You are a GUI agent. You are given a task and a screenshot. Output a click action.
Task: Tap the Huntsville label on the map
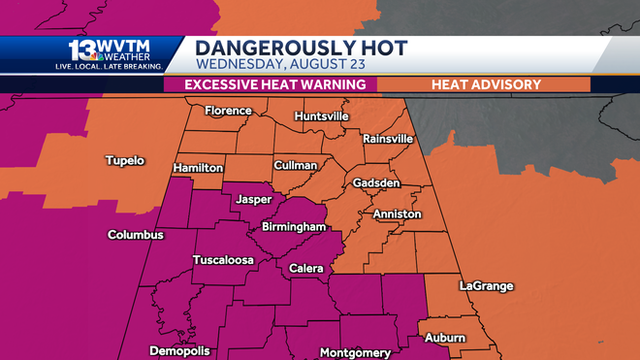[x=322, y=116]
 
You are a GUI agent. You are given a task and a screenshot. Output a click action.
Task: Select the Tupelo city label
[x=124, y=160]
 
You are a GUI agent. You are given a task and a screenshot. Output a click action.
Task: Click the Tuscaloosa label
[x=224, y=260]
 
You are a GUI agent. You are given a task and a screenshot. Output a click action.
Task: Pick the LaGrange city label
[x=486, y=286]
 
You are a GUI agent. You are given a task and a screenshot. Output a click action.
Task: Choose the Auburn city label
[x=445, y=339]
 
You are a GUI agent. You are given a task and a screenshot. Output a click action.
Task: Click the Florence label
[x=227, y=111]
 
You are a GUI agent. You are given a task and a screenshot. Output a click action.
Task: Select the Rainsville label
[x=388, y=139]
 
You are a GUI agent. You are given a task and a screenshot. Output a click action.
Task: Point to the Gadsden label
[x=376, y=183]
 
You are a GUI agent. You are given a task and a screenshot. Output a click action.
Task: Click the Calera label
[x=306, y=267]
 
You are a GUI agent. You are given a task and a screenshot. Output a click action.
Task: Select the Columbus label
[x=136, y=235]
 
